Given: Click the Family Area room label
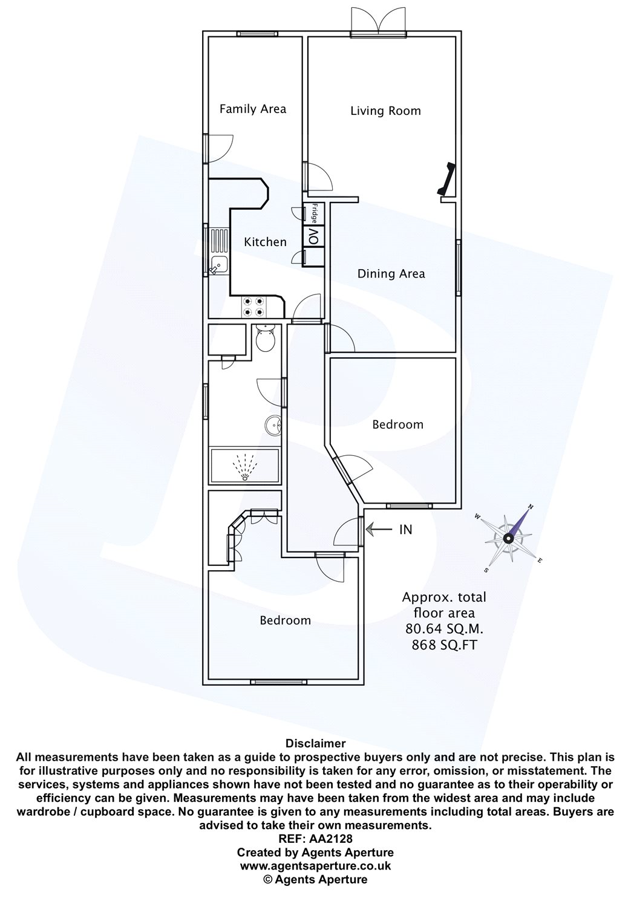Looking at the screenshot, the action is tap(253, 109).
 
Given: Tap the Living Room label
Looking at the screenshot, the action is tap(385, 111).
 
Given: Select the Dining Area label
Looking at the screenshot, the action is tap(391, 274).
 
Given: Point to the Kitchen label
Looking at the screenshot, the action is tap(265, 242).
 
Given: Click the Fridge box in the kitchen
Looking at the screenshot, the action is tap(313, 213).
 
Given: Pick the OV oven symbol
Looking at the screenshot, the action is tap(313, 236).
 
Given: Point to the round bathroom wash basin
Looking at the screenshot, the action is tap(273, 426).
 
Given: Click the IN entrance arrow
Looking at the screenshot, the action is tap(379, 529).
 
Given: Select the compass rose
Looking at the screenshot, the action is tap(508, 538).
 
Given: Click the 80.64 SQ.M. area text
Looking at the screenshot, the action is tap(444, 629).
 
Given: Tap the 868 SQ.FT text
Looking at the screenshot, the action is tap(444, 645).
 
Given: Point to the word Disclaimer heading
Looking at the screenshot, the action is tap(316, 743).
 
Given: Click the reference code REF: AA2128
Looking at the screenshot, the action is tap(316, 837).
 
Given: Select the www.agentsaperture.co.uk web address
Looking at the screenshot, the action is tap(316, 866).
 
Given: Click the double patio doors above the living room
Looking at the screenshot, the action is tap(378, 23).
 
